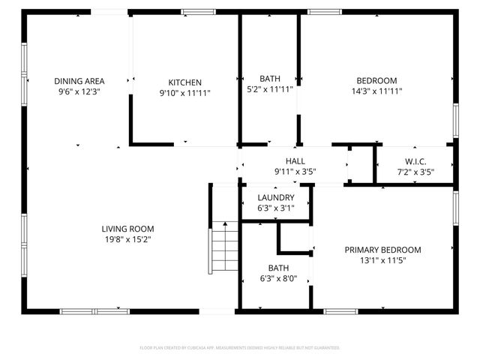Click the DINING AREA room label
click(x=79, y=81)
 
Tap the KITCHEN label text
click(x=184, y=82)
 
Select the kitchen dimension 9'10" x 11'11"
click(x=184, y=93)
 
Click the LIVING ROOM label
click(x=128, y=229)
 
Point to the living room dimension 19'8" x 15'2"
click(x=128, y=239)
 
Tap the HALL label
click(x=295, y=160)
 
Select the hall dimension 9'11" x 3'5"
click(x=295, y=171)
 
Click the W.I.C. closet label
click(x=415, y=161)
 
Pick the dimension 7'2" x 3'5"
click(x=415, y=172)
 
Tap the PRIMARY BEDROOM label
click(x=382, y=250)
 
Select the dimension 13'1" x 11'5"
click(x=382, y=261)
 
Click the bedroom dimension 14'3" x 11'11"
click(x=376, y=93)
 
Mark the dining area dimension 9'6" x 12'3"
click(x=79, y=91)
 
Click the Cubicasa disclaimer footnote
click(x=240, y=348)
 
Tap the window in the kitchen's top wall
click(x=197, y=11)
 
